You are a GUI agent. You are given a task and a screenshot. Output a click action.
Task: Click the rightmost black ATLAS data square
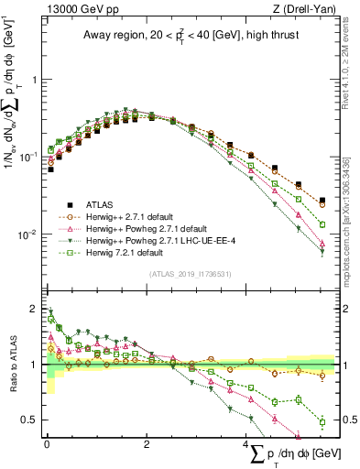coord(322,200)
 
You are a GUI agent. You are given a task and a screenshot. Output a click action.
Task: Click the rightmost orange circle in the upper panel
coord(322,203)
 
